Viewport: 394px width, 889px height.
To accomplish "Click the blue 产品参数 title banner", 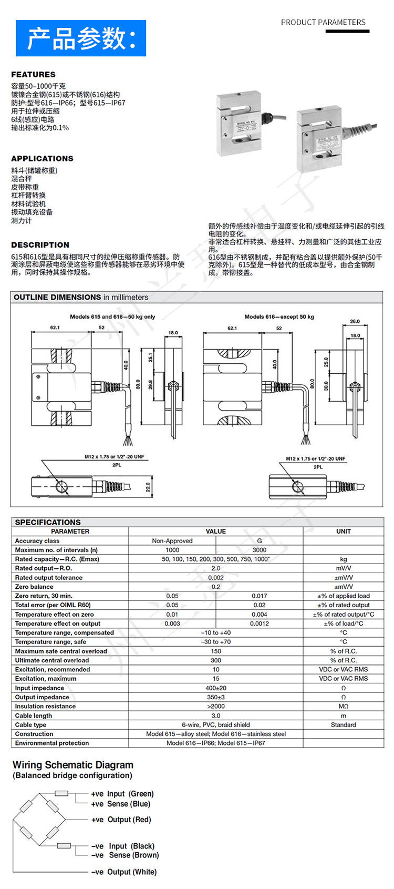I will (81, 38).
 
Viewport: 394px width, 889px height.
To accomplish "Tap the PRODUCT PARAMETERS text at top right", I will (323, 23).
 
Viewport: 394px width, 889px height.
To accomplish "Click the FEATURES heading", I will (33, 75).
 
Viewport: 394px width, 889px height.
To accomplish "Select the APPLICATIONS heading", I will (42, 159).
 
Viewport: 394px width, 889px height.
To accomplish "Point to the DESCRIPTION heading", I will (40, 245).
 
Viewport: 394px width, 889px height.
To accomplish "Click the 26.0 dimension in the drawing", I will (355, 322).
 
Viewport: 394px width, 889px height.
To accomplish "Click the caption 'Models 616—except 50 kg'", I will (279, 316).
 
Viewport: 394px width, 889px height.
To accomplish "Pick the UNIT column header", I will (344, 532).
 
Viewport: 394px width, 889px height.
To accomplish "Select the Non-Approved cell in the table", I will (172, 541).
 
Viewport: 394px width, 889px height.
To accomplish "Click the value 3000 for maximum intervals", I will (260, 550).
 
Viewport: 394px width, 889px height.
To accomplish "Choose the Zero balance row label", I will (34, 587).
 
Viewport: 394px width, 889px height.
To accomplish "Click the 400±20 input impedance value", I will (216, 688).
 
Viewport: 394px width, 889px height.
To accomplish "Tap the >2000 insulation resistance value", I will (216, 707).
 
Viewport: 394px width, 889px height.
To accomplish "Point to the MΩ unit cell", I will (344, 707).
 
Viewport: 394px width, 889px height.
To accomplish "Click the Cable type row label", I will (30, 725).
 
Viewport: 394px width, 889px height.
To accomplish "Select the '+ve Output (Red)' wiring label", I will (121, 820).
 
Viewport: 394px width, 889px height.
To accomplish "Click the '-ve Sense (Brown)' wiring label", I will (125, 855).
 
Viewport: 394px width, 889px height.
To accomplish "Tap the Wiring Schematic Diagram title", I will (73, 765).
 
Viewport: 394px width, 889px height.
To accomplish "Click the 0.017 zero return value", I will (260, 596).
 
